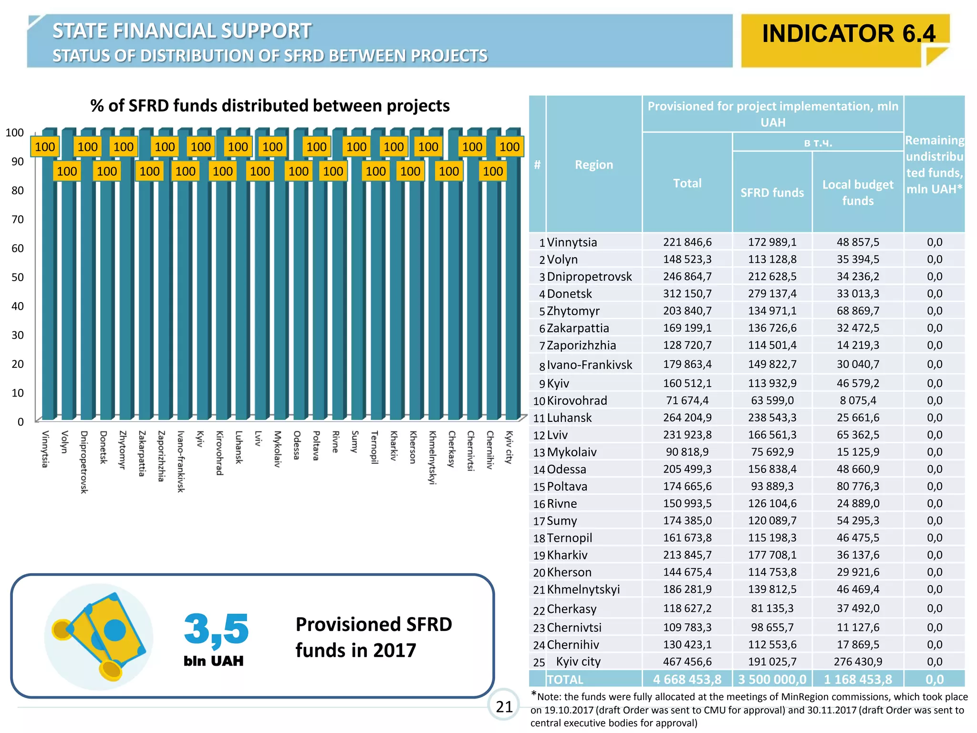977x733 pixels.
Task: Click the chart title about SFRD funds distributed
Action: [x=270, y=106]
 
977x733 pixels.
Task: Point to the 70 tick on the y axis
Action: [x=18, y=220]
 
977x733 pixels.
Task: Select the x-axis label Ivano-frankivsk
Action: [x=180, y=461]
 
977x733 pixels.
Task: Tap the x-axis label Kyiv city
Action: [x=509, y=447]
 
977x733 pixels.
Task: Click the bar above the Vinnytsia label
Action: [x=48, y=286]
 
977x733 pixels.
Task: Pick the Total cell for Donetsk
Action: [x=687, y=293]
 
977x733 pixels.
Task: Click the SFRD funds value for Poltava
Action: [x=772, y=486]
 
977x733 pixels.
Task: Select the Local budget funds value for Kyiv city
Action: [x=858, y=662]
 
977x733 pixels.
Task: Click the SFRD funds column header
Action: [x=772, y=192]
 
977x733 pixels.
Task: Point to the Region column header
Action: [x=593, y=165]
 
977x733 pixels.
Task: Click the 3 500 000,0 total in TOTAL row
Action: [x=772, y=679]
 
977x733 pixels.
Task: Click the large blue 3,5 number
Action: [x=216, y=629]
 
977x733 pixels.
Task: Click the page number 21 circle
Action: [x=504, y=706]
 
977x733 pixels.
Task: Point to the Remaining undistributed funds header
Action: [x=934, y=165]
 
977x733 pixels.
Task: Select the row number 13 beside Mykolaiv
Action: [x=539, y=452]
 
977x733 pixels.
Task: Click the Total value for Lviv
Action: [x=687, y=435]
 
